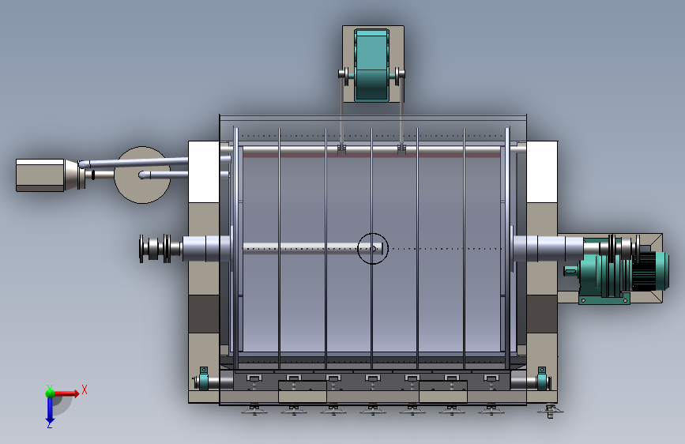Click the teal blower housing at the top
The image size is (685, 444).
[372, 65]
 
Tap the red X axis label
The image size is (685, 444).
[85, 389]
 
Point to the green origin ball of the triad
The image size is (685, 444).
[50, 393]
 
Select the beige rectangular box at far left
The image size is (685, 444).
[40, 175]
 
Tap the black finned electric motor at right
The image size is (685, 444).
[649, 271]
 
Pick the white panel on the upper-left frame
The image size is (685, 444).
[204, 171]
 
